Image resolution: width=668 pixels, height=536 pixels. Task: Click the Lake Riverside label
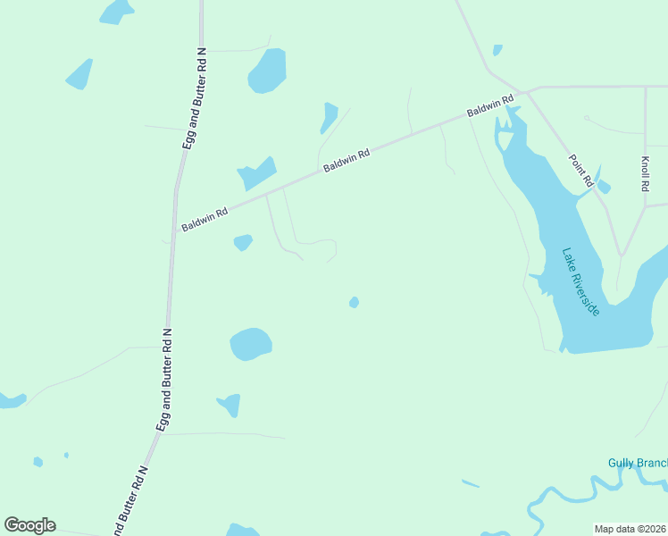[x=580, y=281]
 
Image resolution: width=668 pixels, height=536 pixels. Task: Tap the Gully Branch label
[x=638, y=463]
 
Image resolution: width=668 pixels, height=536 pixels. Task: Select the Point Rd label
[x=581, y=171]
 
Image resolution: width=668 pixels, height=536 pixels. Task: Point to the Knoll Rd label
[x=644, y=175]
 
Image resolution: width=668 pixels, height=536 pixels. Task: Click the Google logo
[x=29, y=525]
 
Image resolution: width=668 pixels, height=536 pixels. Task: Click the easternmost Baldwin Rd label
[x=489, y=106]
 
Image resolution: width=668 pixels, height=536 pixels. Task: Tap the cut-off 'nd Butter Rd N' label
[x=130, y=501]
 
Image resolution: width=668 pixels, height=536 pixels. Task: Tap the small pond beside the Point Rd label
[x=603, y=186]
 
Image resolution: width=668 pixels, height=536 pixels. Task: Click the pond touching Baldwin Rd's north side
[x=257, y=173]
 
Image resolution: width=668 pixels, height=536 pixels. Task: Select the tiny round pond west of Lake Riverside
[x=354, y=303]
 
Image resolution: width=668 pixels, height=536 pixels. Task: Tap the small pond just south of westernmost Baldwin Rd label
[x=242, y=242]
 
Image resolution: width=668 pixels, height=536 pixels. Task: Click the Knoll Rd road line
[x=645, y=134]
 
